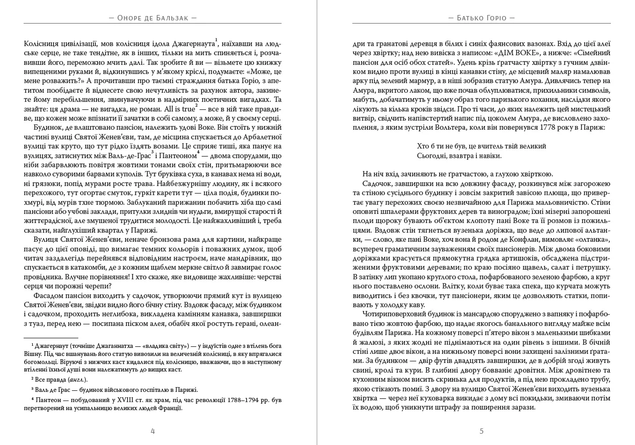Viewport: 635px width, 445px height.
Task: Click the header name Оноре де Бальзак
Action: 152,18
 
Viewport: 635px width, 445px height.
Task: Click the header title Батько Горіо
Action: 481,18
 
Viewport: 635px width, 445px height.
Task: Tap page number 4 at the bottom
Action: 153,431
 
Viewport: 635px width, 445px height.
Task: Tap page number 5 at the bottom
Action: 481,431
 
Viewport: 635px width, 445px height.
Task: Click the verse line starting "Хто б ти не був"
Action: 481,146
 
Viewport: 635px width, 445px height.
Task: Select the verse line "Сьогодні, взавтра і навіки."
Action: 459,155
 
